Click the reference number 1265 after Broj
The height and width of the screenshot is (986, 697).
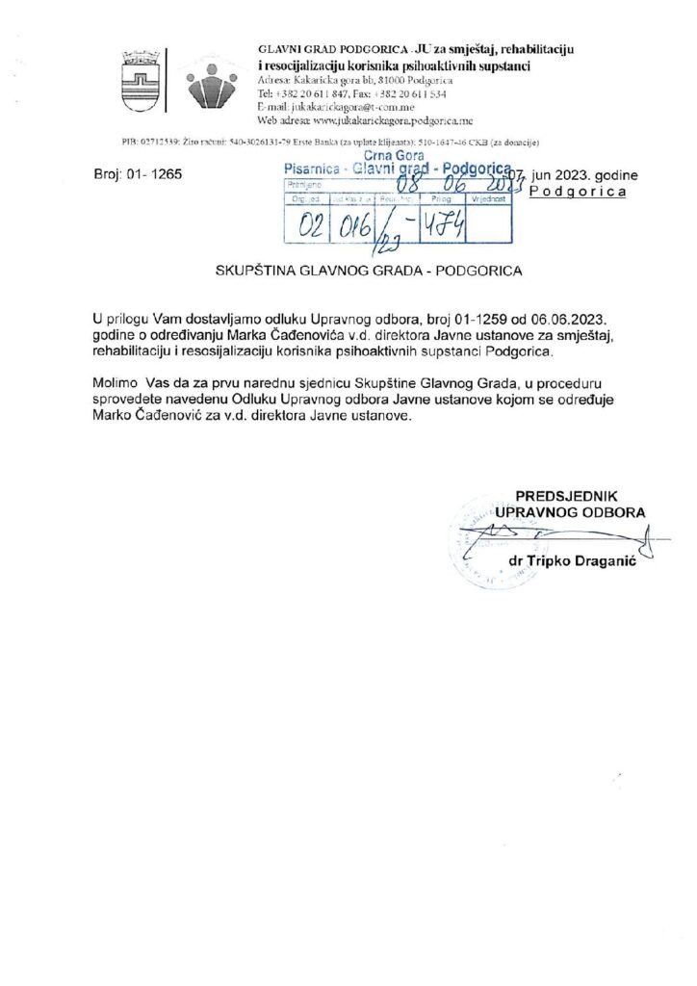tap(156, 177)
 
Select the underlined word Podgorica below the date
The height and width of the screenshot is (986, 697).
tap(578, 193)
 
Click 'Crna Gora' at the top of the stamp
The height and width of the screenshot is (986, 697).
tap(385, 156)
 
